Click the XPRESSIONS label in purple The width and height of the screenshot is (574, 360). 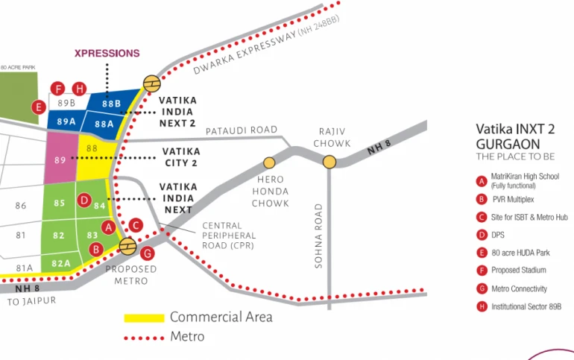(x=107, y=54)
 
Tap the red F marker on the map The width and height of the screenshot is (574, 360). (x=57, y=89)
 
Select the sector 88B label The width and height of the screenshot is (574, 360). (x=111, y=104)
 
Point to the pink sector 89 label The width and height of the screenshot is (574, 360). (x=60, y=160)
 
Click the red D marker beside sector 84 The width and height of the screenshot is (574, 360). (x=84, y=200)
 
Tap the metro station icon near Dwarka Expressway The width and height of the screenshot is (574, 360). (x=151, y=83)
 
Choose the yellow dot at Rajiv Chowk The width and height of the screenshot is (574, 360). (x=329, y=162)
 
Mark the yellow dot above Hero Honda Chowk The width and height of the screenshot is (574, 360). (x=269, y=162)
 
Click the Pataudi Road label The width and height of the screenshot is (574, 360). (x=242, y=130)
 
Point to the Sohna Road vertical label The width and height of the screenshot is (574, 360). (x=318, y=236)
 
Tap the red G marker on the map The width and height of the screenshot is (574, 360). (x=147, y=253)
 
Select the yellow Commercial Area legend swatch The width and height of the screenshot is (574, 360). (x=144, y=318)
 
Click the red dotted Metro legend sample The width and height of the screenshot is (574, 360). (x=144, y=338)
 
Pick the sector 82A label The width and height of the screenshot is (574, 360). (x=61, y=263)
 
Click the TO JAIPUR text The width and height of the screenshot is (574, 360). (x=31, y=301)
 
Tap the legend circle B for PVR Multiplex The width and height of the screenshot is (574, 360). (x=482, y=200)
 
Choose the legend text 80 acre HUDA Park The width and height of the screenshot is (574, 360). (x=520, y=253)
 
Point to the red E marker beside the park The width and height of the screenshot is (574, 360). (x=39, y=107)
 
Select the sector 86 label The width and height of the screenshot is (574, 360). (x=21, y=206)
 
